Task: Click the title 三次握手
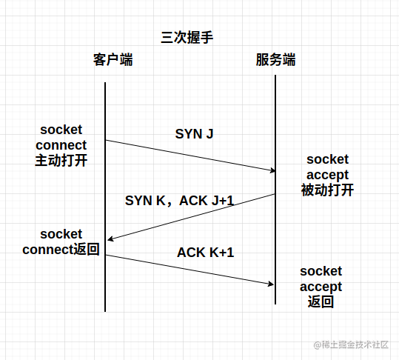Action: click(x=187, y=38)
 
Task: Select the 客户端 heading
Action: click(x=113, y=60)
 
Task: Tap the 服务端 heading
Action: click(x=275, y=60)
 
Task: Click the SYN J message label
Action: click(x=194, y=133)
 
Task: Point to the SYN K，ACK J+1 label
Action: click(x=179, y=201)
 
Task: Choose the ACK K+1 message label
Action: click(x=205, y=253)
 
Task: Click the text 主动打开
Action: click(x=61, y=161)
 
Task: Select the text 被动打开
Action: click(x=327, y=190)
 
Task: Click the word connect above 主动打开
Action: click(x=61, y=145)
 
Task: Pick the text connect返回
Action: click(x=61, y=249)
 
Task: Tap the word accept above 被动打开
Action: click(x=327, y=175)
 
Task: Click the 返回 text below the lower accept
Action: click(x=321, y=301)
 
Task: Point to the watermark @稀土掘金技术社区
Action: click(x=351, y=344)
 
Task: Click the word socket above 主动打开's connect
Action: click(x=61, y=130)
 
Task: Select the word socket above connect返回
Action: click(x=61, y=234)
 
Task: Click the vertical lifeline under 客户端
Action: click(x=105, y=197)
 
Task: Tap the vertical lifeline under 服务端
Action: click(x=275, y=190)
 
